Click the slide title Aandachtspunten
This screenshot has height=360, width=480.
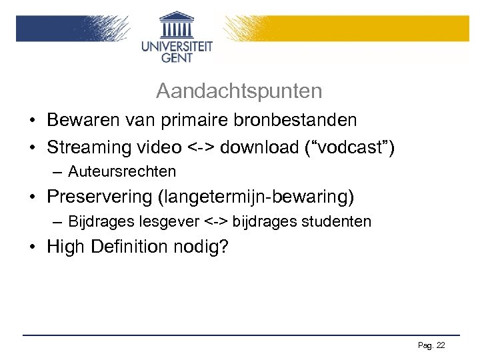click(239, 91)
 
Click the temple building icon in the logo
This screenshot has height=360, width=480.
click(177, 25)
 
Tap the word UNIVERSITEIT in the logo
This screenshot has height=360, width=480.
click(177, 47)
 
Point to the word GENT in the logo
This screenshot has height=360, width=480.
click(177, 58)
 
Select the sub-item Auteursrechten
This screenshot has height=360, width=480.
click(122, 172)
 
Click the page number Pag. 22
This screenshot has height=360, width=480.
click(431, 345)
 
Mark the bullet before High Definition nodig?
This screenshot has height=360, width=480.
click(32, 247)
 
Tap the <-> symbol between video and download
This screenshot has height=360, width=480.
click(202, 147)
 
